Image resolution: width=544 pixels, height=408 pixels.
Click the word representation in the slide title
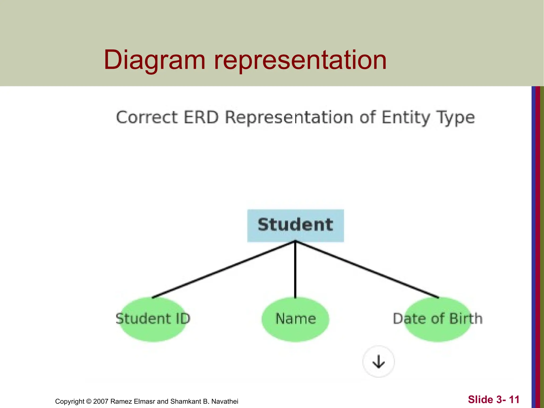(300, 60)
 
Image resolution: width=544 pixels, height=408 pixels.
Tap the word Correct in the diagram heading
(147, 117)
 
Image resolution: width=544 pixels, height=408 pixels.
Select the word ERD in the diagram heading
(201, 117)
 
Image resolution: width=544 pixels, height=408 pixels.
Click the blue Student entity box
(295, 226)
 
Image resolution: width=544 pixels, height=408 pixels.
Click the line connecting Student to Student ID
(223, 270)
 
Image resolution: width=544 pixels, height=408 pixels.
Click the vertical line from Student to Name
(295, 270)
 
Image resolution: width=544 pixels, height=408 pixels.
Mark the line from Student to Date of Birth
(367, 270)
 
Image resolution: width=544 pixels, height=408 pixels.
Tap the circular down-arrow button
(379, 362)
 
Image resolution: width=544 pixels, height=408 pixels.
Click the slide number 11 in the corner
(514, 399)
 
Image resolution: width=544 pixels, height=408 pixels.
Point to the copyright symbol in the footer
(89, 401)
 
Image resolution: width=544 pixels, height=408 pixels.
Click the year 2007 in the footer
(101, 401)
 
